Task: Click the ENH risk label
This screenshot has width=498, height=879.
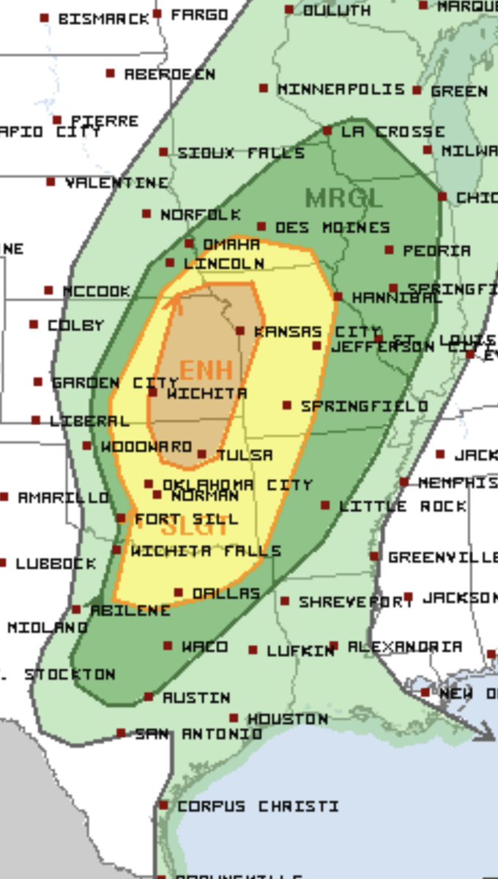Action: tap(207, 369)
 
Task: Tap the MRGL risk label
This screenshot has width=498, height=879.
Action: tap(343, 198)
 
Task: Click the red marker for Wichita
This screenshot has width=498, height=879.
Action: tap(153, 393)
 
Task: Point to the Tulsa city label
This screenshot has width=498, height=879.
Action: tap(245, 455)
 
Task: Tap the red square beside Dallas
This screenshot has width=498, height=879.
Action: tap(178, 593)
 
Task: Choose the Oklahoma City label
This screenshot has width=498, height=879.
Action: tap(237, 485)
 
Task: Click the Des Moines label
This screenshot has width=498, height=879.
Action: tap(332, 228)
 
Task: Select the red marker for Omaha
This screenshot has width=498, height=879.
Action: tap(189, 243)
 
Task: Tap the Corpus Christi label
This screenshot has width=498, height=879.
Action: tap(258, 806)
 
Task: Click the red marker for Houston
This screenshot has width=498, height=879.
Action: tap(234, 719)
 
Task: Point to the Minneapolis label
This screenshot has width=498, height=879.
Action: tap(341, 89)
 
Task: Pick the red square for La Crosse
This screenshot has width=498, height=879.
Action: tap(327, 132)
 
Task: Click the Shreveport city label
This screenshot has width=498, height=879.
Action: tap(356, 601)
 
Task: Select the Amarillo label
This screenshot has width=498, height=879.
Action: tap(63, 497)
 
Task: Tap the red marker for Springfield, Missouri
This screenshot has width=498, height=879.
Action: tap(287, 405)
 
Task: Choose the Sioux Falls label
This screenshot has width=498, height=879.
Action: tap(241, 153)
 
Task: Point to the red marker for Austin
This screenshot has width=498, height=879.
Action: tap(149, 697)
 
